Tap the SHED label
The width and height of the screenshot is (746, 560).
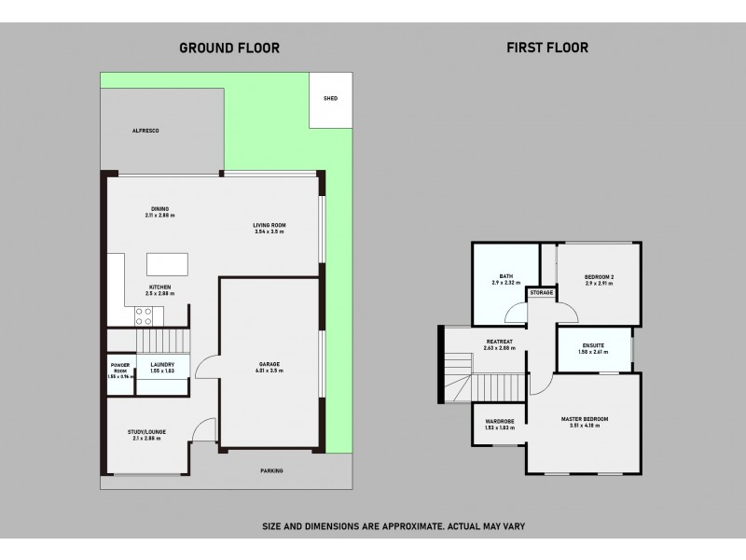[330, 98]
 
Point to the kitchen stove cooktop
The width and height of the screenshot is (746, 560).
[145, 315]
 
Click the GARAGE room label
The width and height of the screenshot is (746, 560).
[270, 366]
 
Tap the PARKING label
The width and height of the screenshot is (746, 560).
[271, 471]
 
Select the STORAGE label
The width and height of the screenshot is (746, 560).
[541, 293]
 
